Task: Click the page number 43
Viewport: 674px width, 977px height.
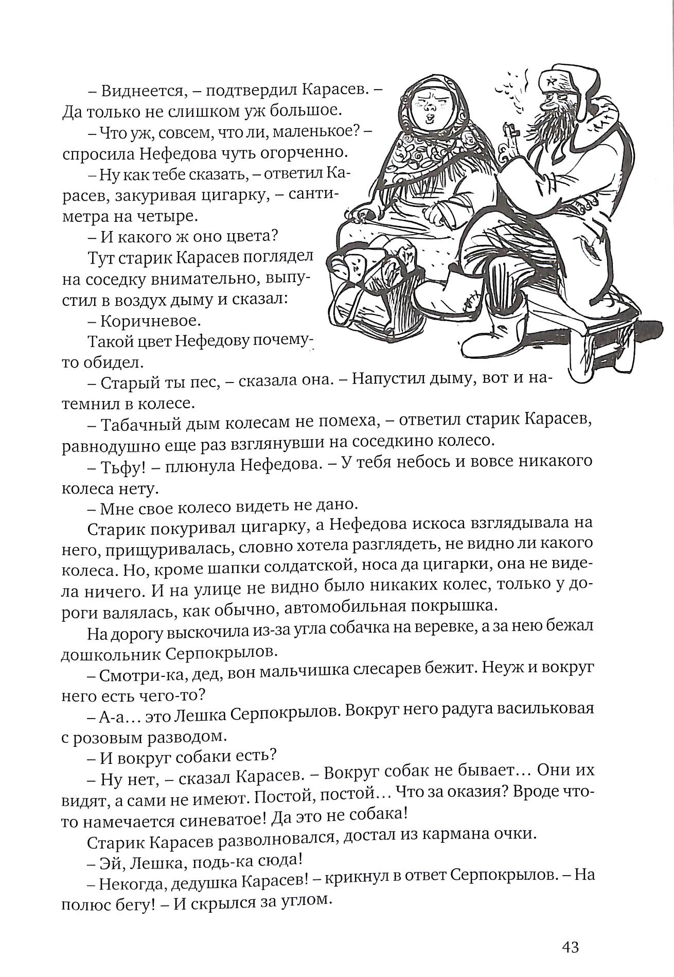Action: click(x=571, y=947)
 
